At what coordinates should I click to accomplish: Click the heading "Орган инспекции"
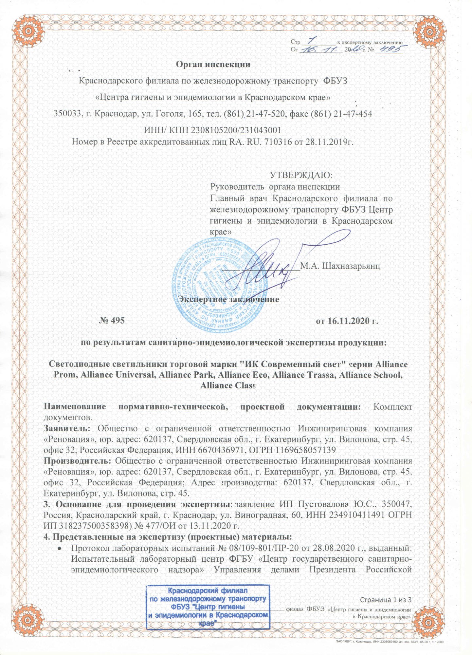click(213, 64)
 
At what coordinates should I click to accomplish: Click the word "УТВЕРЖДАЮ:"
click(301, 175)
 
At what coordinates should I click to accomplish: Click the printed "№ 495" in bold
click(112, 320)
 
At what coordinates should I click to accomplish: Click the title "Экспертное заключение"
click(230, 299)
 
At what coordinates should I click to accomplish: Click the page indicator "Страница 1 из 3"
click(385, 600)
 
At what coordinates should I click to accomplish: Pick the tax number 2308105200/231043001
click(236, 130)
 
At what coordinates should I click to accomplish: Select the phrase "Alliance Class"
click(227, 385)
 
